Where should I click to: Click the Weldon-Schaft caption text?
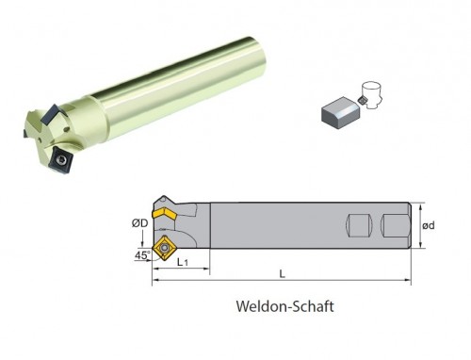284,306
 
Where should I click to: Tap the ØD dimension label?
139,223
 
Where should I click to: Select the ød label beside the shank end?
429,225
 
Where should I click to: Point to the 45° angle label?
142,255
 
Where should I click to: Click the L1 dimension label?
182,262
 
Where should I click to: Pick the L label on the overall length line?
283,274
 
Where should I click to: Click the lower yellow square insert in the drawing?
164,248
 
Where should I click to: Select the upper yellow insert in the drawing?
165,214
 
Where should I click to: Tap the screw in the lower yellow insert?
164,248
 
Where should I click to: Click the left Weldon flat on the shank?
359,226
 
